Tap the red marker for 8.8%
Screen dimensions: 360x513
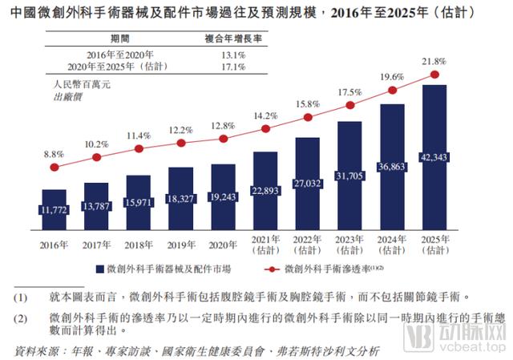click(55, 168)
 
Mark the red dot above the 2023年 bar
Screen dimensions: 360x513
click(349, 105)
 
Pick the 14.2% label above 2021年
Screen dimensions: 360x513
click(265, 115)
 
